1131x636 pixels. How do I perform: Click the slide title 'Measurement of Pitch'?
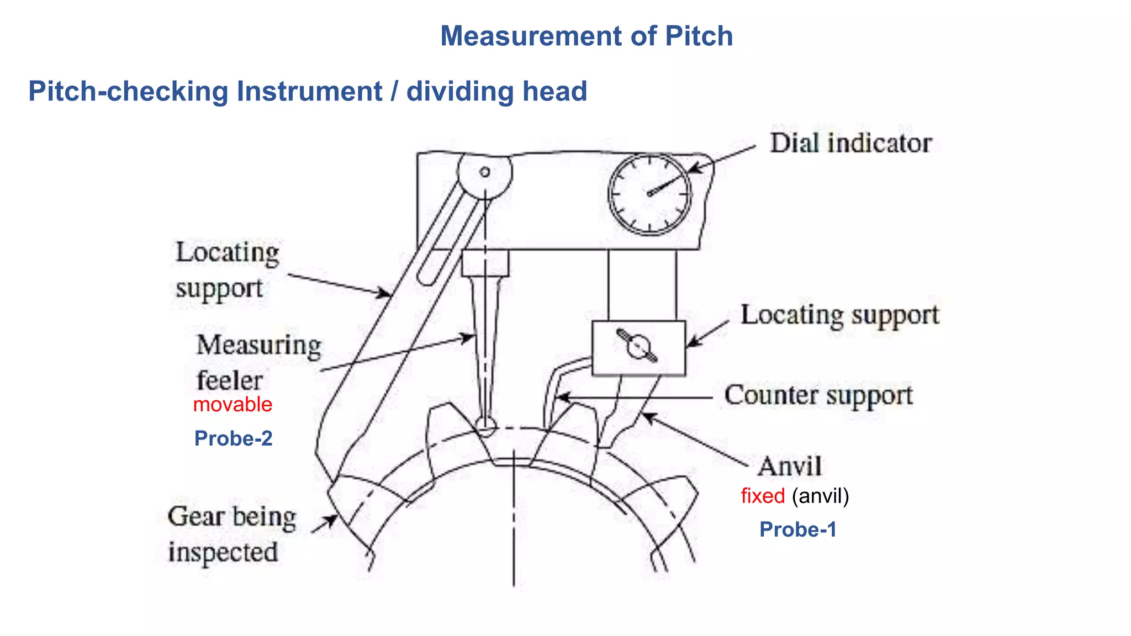(x=586, y=36)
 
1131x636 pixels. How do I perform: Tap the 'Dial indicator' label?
(x=850, y=144)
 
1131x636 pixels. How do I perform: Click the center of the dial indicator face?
(x=649, y=194)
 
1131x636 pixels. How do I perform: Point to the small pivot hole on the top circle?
(x=485, y=172)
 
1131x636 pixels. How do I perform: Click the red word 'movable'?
(x=232, y=405)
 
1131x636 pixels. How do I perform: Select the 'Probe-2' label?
(x=233, y=438)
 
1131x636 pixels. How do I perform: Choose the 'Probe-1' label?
(x=797, y=529)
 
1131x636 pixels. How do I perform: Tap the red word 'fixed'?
(x=762, y=496)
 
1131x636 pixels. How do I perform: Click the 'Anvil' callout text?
(x=789, y=467)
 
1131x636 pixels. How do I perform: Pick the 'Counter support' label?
(x=818, y=396)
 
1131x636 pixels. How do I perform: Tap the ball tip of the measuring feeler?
(x=485, y=424)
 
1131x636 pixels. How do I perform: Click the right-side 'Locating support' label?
(x=839, y=315)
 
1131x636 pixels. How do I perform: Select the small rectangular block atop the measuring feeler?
(x=485, y=263)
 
